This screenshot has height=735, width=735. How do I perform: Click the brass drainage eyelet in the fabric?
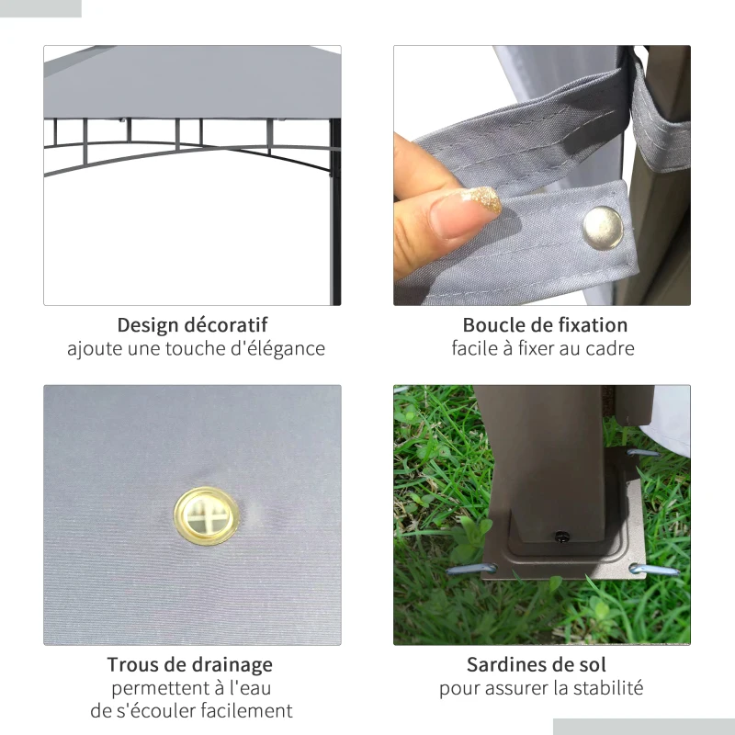pos(206,515)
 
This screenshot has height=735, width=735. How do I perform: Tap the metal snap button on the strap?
pos(604,227)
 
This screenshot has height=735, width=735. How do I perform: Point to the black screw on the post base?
pos(562,537)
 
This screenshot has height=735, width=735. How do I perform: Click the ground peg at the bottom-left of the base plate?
pos(471,570)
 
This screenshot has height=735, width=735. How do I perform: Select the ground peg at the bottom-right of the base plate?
pos(654,570)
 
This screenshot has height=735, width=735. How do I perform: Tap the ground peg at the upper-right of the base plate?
pos(643,453)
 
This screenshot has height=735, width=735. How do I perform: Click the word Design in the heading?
pos(146,325)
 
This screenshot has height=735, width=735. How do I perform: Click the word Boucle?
pos(494,325)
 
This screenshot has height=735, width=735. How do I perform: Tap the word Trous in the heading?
pos(130,664)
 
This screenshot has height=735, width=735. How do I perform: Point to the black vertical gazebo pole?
pos(334,212)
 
